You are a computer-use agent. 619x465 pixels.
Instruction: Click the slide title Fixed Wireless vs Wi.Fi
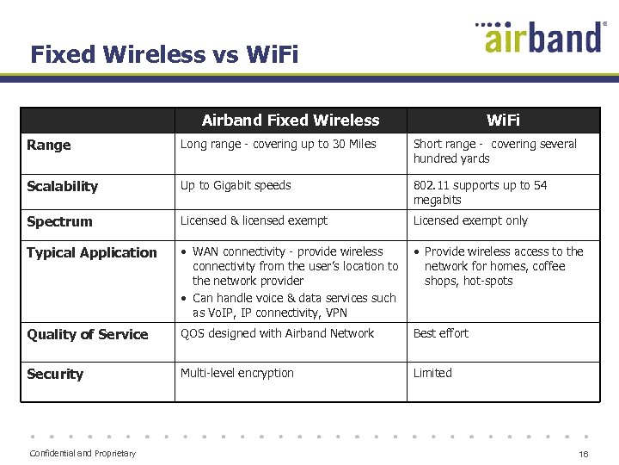coord(164,55)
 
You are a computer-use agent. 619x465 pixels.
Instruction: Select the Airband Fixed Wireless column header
coord(291,121)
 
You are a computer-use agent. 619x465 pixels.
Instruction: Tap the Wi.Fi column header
coord(503,121)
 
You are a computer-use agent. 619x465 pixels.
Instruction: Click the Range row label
coord(49,146)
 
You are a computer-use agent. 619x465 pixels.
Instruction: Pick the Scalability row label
coord(63,187)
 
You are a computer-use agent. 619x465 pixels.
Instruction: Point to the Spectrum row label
coord(59,222)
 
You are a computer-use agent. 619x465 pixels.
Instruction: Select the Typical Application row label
coord(92,253)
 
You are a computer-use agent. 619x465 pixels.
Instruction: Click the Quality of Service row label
coord(88,335)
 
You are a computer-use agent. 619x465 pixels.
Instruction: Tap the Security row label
coord(55,375)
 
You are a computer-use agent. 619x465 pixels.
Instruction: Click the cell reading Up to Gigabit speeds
coord(236,186)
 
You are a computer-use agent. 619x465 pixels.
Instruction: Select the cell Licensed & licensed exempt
coord(254,221)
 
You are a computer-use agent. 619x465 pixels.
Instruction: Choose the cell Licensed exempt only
coord(470,221)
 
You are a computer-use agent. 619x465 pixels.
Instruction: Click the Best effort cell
coord(441,334)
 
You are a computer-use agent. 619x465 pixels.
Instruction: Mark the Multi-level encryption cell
coord(237,374)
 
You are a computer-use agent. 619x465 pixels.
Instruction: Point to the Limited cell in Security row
coord(432,374)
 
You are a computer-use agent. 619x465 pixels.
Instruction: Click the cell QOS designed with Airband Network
coord(277,334)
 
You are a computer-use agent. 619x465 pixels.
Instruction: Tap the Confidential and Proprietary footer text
coord(83,454)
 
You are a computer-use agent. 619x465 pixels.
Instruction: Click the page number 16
coord(583,454)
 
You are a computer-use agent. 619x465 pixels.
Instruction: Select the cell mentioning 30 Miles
coord(278,145)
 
